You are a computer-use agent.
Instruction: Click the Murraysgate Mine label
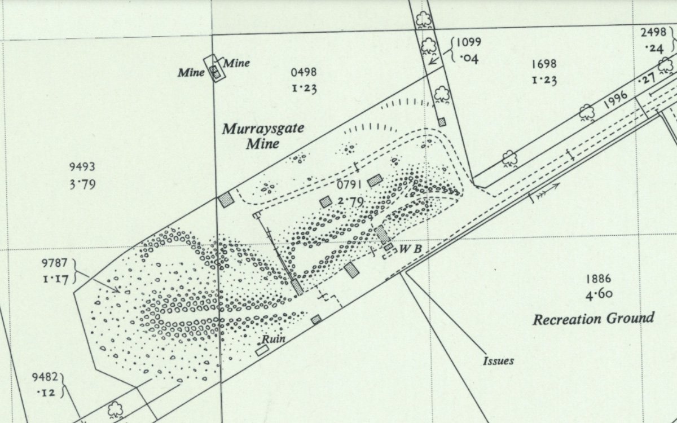[x=263, y=135]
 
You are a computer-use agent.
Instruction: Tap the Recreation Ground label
[x=594, y=319]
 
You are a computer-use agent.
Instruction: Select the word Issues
[x=498, y=361]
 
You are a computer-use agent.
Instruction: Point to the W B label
[x=411, y=249]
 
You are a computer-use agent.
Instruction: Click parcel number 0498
[x=304, y=72]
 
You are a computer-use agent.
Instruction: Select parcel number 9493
[x=82, y=167]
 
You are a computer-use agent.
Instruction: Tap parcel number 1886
[x=599, y=279]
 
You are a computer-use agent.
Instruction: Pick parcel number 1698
[x=544, y=64]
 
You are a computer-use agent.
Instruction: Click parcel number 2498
[x=653, y=32]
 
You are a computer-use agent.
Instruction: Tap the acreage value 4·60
[x=599, y=294]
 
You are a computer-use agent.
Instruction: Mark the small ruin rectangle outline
[x=262, y=350]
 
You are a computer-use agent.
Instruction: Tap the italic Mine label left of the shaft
[x=191, y=72]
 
